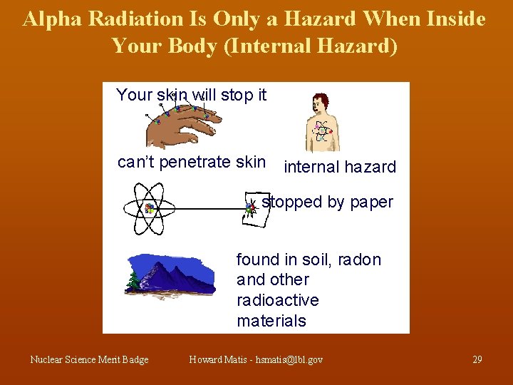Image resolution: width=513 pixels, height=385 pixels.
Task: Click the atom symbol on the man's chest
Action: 321,130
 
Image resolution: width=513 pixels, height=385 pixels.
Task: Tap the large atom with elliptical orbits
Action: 150,208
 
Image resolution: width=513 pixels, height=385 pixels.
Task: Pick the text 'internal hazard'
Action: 340,168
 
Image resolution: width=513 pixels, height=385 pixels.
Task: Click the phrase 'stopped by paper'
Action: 327,202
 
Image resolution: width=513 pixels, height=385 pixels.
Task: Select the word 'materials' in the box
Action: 271,321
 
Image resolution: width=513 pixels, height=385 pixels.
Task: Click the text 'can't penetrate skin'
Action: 192,163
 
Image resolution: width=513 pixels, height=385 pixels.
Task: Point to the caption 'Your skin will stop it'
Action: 191,95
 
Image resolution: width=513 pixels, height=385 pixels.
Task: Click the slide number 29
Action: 477,359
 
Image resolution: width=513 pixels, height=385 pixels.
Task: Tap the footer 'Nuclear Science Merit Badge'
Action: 89,359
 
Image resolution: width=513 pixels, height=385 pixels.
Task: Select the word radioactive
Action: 277,300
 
